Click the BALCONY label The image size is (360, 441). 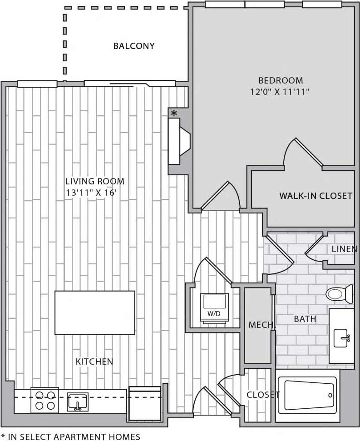click(134, 46)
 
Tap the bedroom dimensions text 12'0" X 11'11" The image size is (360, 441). click(280, 91)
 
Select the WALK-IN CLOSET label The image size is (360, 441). click(316, 196)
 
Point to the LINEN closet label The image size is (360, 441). click(344, 249)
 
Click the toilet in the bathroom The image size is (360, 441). click(339, 294)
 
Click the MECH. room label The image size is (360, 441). click(261, 325)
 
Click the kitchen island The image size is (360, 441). click(95, 312)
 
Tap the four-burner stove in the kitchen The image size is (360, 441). click(44, 400)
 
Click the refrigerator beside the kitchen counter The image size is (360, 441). click(145, 403)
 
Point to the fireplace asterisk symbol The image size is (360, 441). click(173, 113)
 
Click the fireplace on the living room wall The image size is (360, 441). click(178, 141)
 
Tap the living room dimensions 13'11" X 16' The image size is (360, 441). click(94, 193)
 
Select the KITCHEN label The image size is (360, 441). click(94, 362)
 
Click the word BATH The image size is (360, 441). click(305, 319)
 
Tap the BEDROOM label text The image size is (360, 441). click(280, 80)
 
